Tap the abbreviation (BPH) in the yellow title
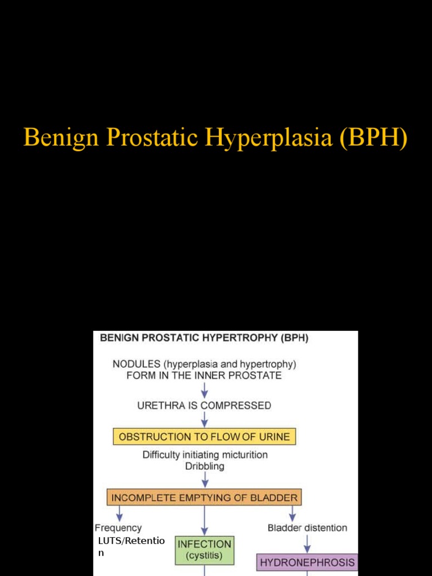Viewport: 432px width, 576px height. [x=373, y=138]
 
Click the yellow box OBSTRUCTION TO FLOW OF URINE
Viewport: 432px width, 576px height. [x=205, y=436]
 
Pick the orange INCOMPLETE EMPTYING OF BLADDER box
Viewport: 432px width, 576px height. [x=205, y=497]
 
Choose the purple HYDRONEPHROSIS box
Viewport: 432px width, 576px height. [x=307, y=562]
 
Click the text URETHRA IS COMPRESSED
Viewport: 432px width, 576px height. [x=205, y=405]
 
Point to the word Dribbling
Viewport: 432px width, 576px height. [x=205, y=466]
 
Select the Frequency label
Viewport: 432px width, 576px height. [x=118, y=528]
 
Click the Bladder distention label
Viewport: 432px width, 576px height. [x=307, y=528]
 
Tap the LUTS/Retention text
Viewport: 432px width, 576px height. [x=130, y=541]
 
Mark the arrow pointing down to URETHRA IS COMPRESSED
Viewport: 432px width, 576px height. [x=205, y=389]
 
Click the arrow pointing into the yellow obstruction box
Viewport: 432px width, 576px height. [x=205, y=420]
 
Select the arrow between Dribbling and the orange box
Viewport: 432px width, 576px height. [x=205, y=480]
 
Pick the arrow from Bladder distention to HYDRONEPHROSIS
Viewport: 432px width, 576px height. [x=307, y=543]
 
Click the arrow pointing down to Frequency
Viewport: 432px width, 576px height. [x=119, y=513]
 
